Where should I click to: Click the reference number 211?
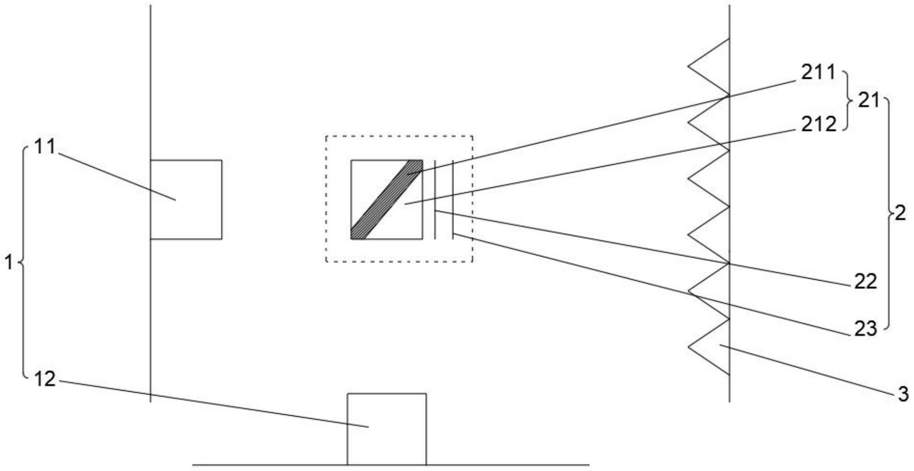tap(818, 72)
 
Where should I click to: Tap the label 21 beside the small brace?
tap(868, 101)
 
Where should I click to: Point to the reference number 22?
tap(865, 282)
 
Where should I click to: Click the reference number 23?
tap(865, 329)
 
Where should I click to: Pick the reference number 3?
tap(903, 394)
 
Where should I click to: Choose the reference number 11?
tap(45, 146)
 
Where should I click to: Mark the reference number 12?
tap(45, 379)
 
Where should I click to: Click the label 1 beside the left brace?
tap(9, 263)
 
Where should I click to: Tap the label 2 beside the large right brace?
tap(900, 214)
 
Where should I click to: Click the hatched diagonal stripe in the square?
tap(387, 199)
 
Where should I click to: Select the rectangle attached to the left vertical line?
tap(186, 199)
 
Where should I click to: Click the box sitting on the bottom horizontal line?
tap(387, 429)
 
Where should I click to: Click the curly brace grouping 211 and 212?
tap(848, 101)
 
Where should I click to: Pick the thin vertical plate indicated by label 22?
tap(435, 199)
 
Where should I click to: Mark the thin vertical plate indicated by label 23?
tap(452, 199)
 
